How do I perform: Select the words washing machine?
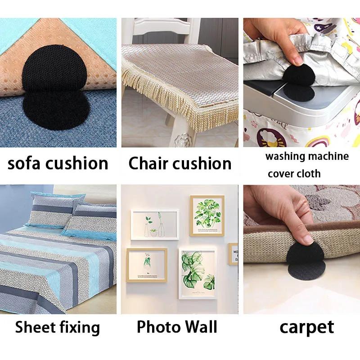point(307,157)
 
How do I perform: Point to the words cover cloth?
point(294,173)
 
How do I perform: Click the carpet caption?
point(306,328)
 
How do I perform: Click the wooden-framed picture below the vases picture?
point(146,265)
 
